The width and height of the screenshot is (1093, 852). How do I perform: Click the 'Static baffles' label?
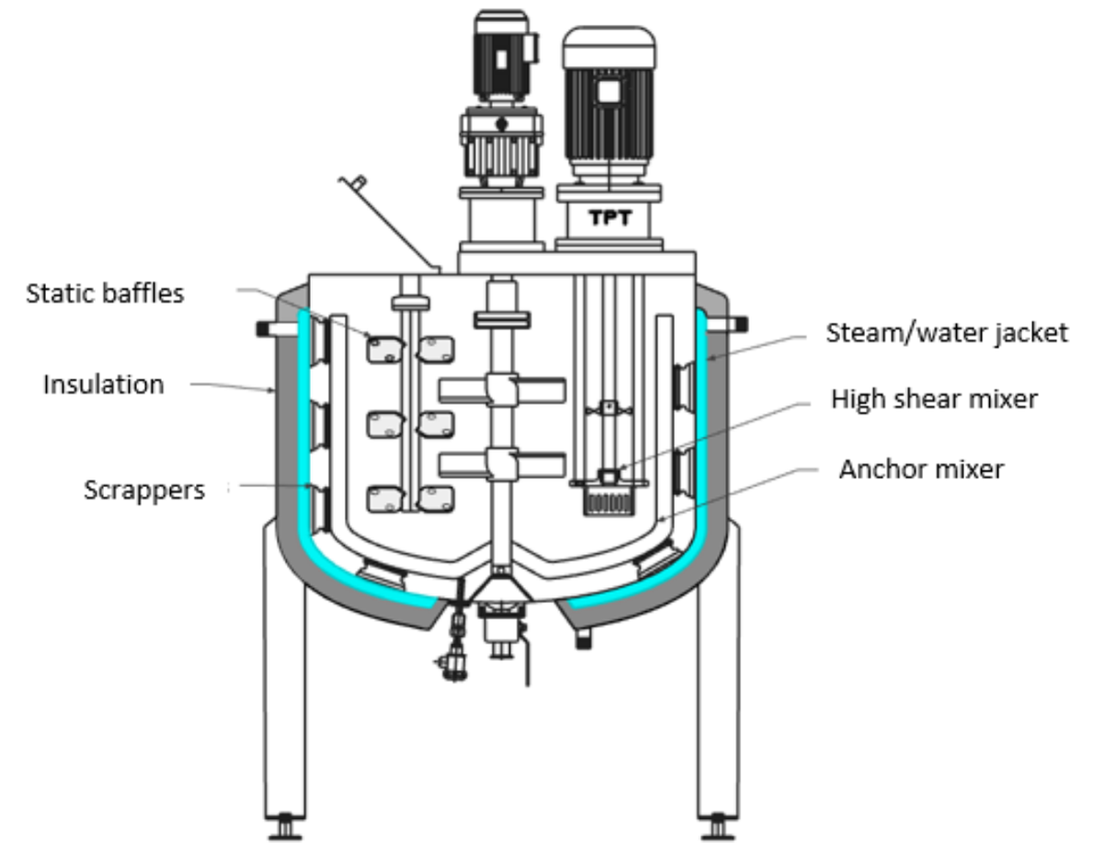pyautogui.click(x=105, y=294)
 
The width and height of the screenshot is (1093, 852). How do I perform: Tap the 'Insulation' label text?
pyautogui.click(x=103, y=383)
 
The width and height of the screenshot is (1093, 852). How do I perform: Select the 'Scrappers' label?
pyautogui.click(x=144, y=489)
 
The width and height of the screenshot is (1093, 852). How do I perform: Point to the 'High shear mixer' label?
pyautogui.click(x=934, y=399)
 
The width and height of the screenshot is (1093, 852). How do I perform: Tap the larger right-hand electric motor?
pyautogui.click(x=609, y=101)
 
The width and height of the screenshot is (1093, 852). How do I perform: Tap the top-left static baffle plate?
pyautogui.click(x=385, y=349)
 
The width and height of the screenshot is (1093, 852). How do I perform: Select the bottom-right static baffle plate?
pyautogui.click(x=435, y=498)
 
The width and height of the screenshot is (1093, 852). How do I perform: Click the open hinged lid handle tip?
pyautogui.click(x=357, y=182)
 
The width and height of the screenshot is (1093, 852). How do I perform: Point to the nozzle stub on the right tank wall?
pyautogui.click(x=737, y=324)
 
